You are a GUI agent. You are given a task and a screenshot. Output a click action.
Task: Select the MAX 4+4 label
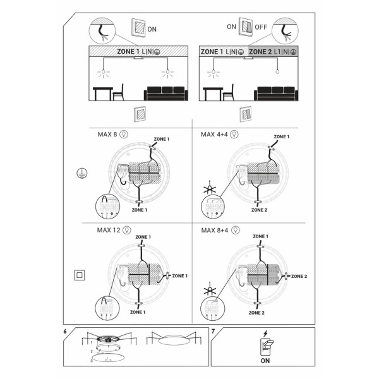(x=214, y=134)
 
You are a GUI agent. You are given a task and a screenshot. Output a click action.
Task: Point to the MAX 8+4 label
(x=214, y=230)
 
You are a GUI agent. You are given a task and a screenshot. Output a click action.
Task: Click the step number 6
(x=66, y=330)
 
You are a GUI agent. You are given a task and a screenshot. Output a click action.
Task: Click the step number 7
(x=214, y=330)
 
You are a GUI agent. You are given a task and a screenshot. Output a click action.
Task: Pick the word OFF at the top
(x=260, y=28)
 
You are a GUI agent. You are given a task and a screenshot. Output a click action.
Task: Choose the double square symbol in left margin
(x=80, y=275)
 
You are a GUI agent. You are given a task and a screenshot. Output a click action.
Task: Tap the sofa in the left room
(x=166, y=93)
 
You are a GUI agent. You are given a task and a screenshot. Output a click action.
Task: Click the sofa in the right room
(x=277, y=93)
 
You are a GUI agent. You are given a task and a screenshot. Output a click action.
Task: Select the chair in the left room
(x=118, y=92)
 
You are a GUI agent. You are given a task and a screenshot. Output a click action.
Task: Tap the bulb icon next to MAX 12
(x=126, y=230)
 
